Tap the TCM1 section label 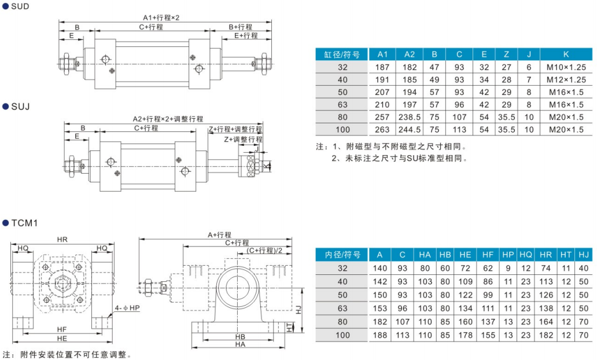pyautogui.click(x=24, y=222)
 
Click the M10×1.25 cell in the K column pyautogui.click(x=566, y=67)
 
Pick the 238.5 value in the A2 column pyautogui.click(x=410, y=117)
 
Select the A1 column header pyautogui.click(x=382, y=54)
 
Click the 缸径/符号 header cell pyautogui.click(x=342, y=54)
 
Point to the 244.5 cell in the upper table pyautogui.click(x=410, y=130)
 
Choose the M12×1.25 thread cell pyautogui.click(x=566, y=79)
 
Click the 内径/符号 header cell pyautogui.click(x=342, y=255)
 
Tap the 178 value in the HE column pyautogui.click(x=465, y=335)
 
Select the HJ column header pyautogui.click(x=584, y=255)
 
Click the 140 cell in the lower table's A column pyautogui.click(x=379, y=268)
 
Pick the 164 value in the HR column pyautogui.click(x=546, y=322)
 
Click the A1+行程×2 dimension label pyautogui.click(x=161, y=17)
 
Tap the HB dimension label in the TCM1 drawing pyautogui.click(x=240, y=336)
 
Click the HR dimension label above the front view pyautogui.click(x=62, y=240)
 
